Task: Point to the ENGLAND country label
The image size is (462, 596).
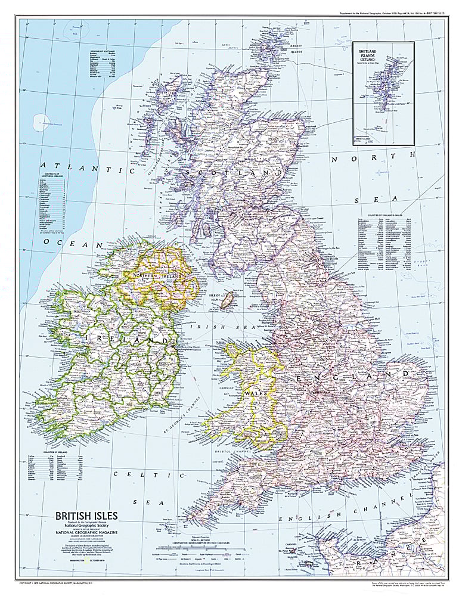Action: [351, 377]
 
